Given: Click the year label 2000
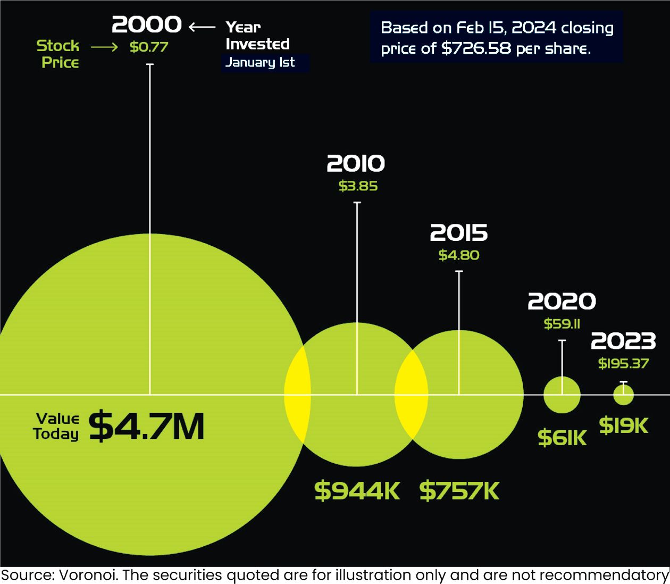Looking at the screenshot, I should [147, 24].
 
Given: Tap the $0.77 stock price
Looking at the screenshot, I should [149, 47].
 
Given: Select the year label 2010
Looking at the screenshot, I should [356, 164].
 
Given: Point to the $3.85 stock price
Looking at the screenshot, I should [358, 186].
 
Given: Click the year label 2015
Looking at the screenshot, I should [458, 233].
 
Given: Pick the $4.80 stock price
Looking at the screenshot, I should [459, 255].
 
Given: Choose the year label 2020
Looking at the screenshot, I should [562, 302].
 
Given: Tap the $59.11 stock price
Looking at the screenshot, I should [562, 323].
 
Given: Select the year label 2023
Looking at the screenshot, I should [623, 341].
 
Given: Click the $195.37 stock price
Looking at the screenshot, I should [623, 363].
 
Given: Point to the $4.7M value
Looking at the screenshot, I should [146, 427].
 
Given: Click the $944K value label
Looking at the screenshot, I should [357, 490].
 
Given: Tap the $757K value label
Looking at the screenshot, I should [459, 491].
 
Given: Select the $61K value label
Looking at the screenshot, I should [562, 438].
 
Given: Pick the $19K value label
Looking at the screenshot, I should [624, 426].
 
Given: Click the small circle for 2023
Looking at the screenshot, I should [624, 395].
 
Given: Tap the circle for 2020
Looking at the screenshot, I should [562, 395].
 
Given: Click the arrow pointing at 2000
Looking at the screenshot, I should [202, 27].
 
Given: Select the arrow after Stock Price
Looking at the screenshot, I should [104, 47].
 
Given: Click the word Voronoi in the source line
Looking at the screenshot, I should [88, 575].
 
